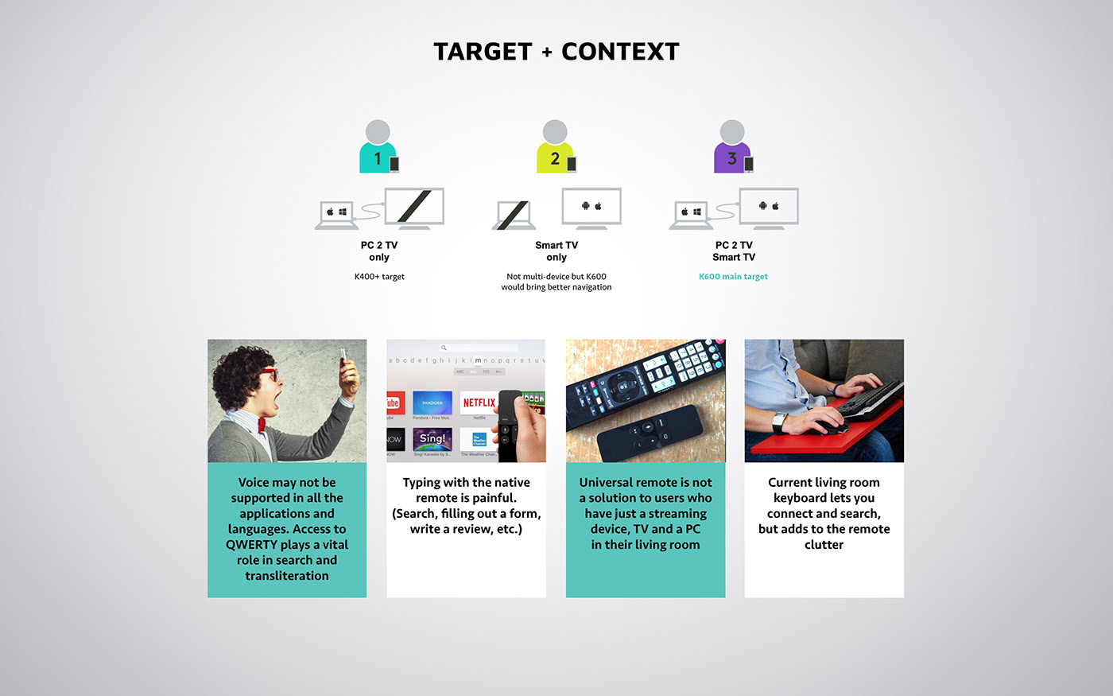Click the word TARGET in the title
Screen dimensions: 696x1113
coord(483,52)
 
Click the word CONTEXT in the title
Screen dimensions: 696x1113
coord(620,52)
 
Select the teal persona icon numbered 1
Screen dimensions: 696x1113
coord(378,148)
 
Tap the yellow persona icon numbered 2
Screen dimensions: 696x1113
coord(556,148)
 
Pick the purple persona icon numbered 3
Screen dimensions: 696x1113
coord(732,148)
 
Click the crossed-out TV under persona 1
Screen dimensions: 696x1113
coord(414,208)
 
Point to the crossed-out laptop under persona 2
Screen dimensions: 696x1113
coord(512,215)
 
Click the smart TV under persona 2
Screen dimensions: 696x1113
coord(591,208)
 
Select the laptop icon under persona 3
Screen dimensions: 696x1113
coord(691,215)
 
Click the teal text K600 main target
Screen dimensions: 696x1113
coord(733,277)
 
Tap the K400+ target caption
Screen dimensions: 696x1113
coord(379,277)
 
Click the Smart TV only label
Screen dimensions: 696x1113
coord(556,251)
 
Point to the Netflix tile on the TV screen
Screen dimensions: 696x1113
coord(479,403)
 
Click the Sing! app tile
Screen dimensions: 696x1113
coord(432,439)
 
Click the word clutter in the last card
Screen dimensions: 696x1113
coord(824,545)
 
